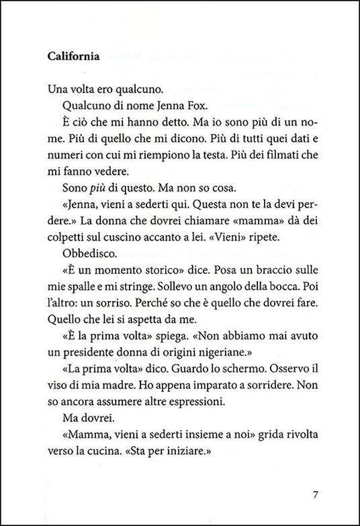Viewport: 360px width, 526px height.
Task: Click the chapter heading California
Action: click(73, 57)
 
